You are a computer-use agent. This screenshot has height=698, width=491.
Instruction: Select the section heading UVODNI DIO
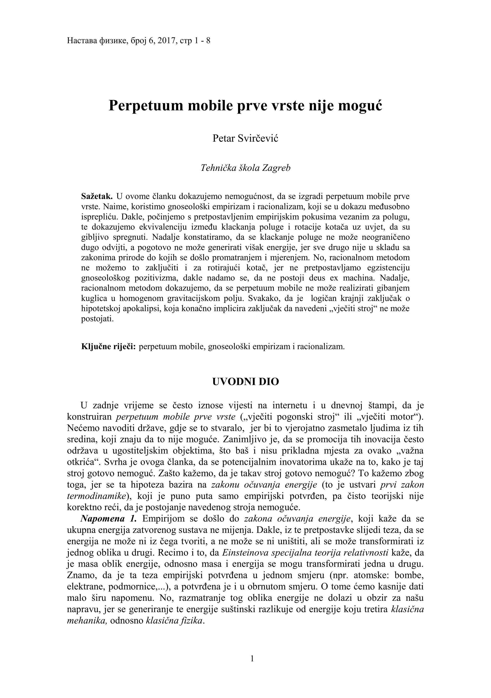point(245,382)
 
